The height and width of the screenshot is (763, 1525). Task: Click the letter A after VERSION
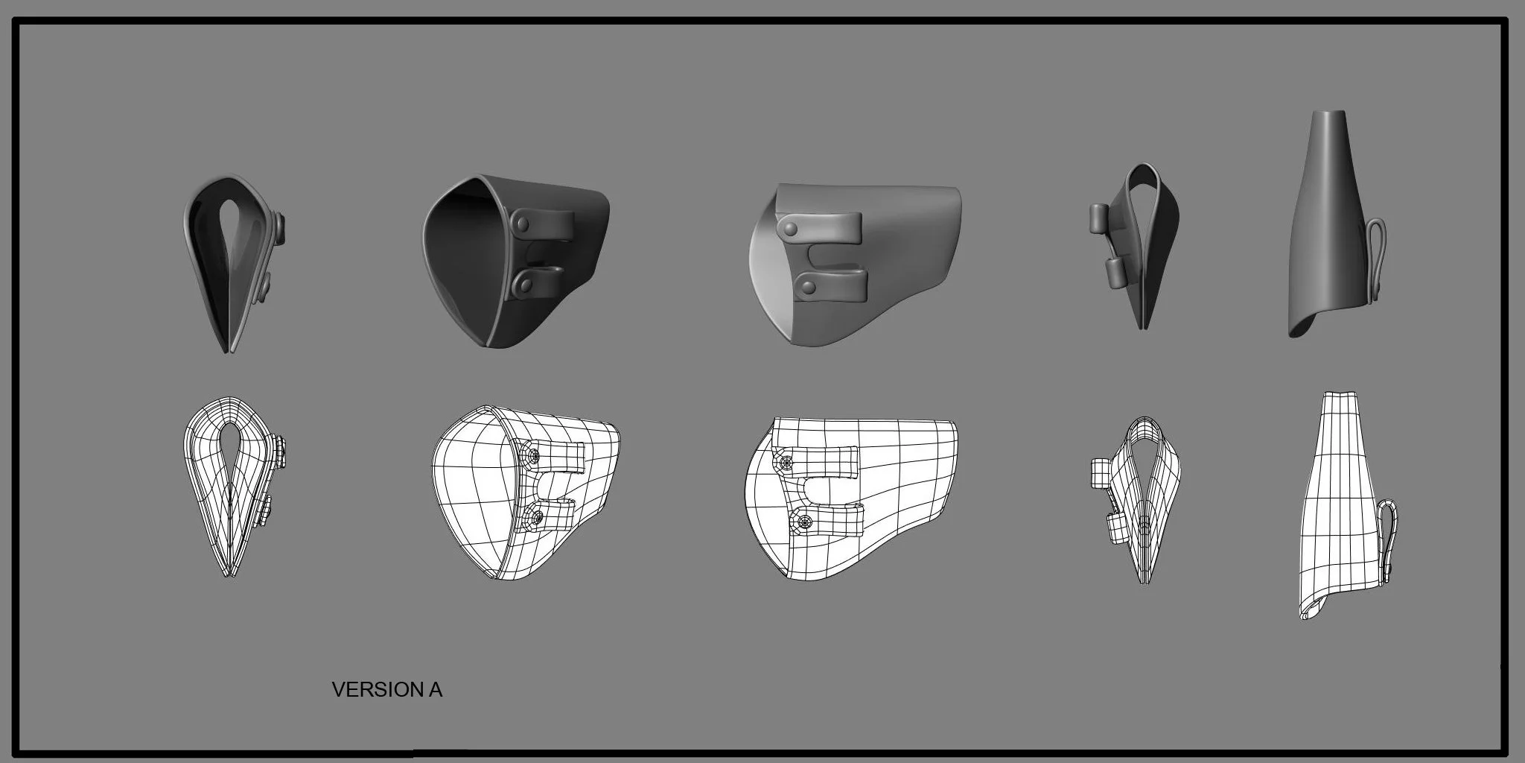[x=436, y=690]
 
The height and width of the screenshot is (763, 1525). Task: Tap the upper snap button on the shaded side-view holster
[x=789, y=226]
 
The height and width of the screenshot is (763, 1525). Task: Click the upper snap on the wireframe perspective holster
[x=532, y=455]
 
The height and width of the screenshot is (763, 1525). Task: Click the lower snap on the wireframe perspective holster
[x=533, y=514]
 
